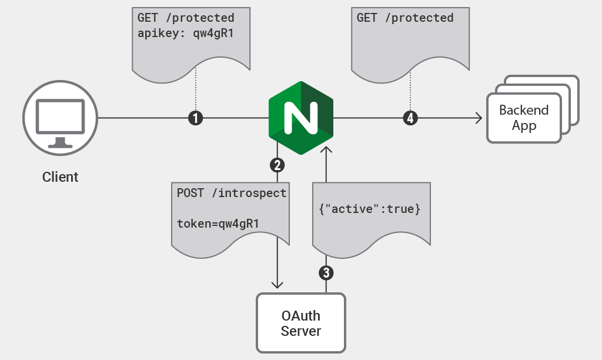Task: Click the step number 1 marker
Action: (x=195, y=118)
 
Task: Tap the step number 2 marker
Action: (x=277, y=165)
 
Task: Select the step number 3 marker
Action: (x=326, y=273)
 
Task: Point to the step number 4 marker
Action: (x=410, y=118)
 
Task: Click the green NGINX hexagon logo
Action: (x=301, y=118)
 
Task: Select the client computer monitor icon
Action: (x=60, y=118)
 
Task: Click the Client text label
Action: (x=60, y=177)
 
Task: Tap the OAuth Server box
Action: (x=301, y=322)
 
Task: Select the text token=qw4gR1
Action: (x=218, y=224)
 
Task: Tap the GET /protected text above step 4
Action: (x=405, y=18)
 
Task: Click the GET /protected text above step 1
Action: (x=186, y=18)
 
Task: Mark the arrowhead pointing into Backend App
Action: (x=479, y=118)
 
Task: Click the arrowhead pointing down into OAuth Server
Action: (x=277, y=285)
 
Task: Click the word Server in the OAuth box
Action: (x=301, y=331)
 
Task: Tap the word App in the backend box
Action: (x=524, y=126)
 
